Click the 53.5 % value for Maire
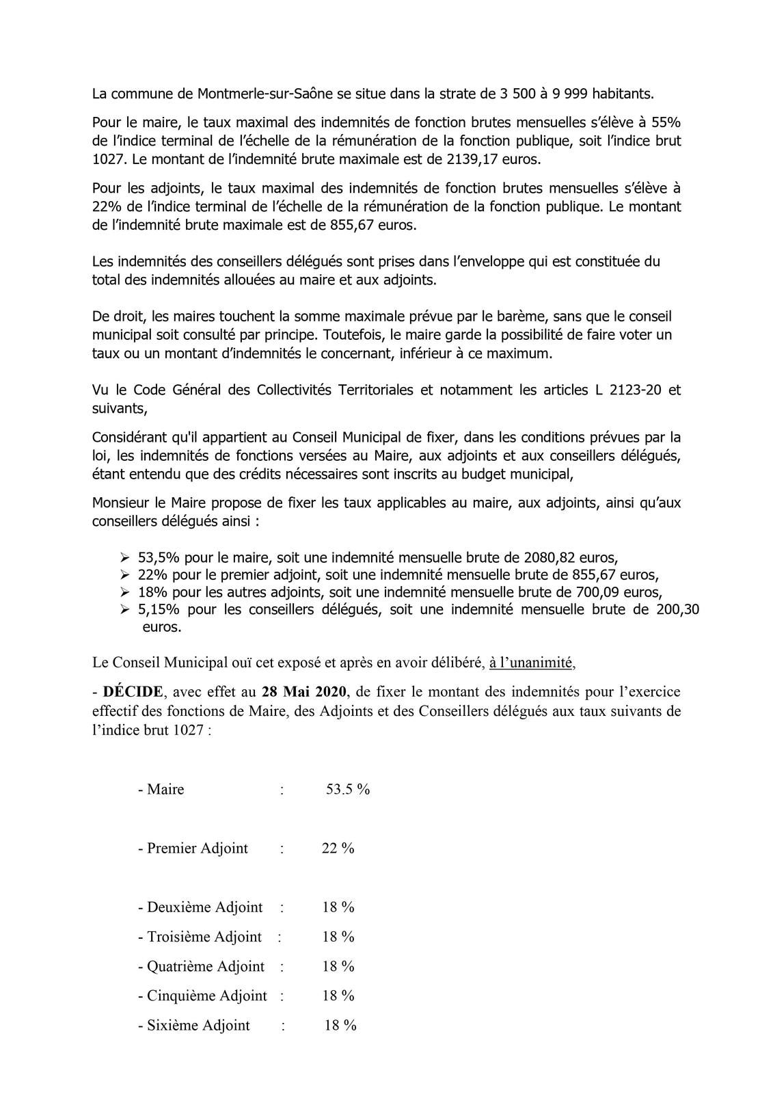348,789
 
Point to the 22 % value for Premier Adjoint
338,849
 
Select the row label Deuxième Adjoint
204,907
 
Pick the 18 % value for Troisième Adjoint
338,937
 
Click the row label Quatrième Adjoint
205,966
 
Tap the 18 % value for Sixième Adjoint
340,1025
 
